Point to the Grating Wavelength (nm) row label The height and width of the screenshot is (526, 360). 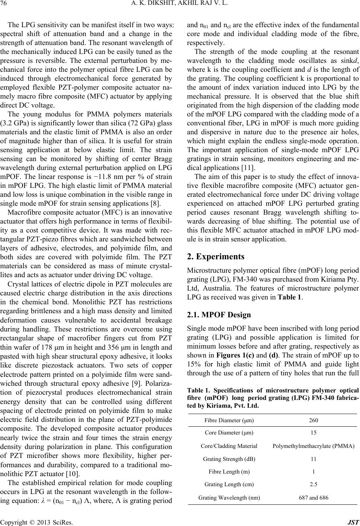click(229, 497)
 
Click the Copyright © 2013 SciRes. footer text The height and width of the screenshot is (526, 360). click(37, 521)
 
